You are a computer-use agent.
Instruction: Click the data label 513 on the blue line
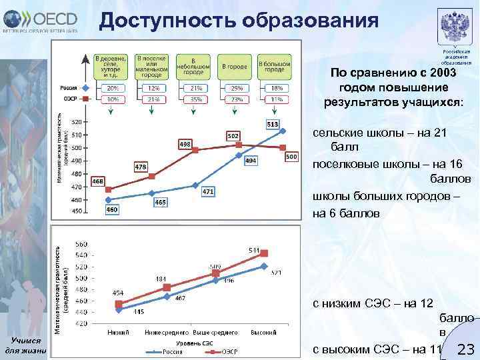pos(273,124)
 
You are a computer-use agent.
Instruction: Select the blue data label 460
pos(113,209)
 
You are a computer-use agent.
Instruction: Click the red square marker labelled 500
pos(283,147)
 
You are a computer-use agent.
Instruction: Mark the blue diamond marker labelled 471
pos(195,185)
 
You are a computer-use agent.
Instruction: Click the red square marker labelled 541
pos(264,253)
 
